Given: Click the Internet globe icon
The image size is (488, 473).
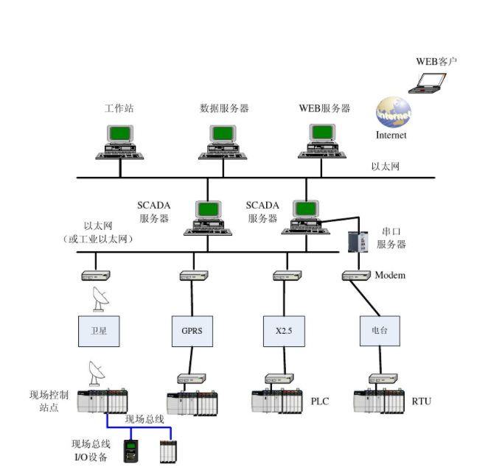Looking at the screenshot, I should [393, 112].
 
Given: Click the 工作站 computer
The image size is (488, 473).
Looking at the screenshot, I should [119, 142].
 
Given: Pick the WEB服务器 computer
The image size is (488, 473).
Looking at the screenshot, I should [322, 142].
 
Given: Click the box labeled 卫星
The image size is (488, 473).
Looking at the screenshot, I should [99, 331].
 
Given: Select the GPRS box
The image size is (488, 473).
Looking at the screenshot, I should [192, 331].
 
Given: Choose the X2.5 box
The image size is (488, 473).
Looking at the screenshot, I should [284, 331].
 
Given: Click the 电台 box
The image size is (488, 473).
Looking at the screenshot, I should [379, 331].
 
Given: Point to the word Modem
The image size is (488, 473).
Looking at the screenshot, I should [390, 276].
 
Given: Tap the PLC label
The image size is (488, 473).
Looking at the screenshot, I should [320, 402].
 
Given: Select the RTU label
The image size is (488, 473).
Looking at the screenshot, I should [422, 402].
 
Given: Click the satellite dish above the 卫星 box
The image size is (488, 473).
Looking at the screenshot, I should [97, 298].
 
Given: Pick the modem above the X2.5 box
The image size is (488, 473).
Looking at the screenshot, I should [284, 276].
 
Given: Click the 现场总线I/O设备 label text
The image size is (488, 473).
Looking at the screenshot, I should [90, 450].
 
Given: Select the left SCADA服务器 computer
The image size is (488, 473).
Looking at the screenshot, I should [207, 217].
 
